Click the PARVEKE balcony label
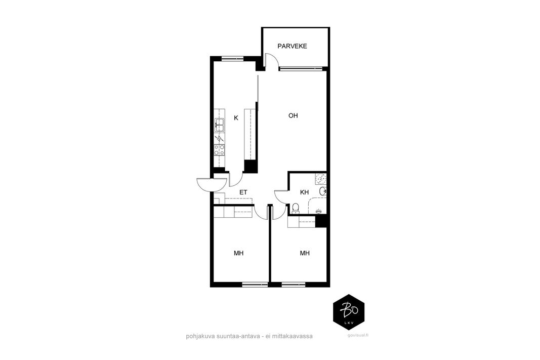pyautogui.click(x=292, y=46)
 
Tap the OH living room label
pyautogui.click(x=293, y=115)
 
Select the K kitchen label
pyautogui.click(x=236, y=118)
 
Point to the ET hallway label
pyautogui.click(x=243, y=192)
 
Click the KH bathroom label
pyautogui.click(x=305, y=192)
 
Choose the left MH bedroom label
pyautogui.click(x=239, y=253)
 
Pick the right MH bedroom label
pyautogui.click(x=305, y=253)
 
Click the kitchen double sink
pyautogui.click(x=219, y=125)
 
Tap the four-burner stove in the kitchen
pyautogui.click(x=219, y=150)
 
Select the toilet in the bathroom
pyautogui.click(x=295, y=208)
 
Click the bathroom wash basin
pyautogui.click(x=323, y=191)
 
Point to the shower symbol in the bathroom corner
pyautogui.click(x=321, y=178)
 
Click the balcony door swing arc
pyautogui.click(x=273, y=62)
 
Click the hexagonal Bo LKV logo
pyautogui.click(x=349, y=312)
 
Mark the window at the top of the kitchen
pyautogui.click(x=232, y=58)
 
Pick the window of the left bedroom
pyautogui.click(x=255, y=285)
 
